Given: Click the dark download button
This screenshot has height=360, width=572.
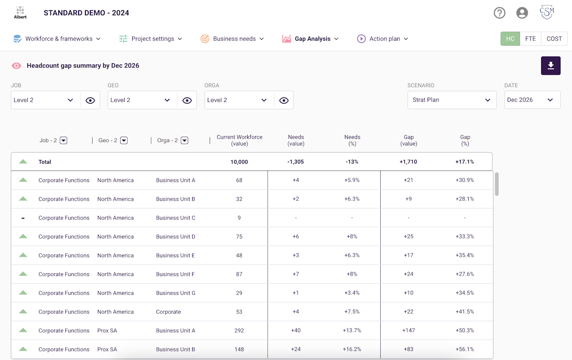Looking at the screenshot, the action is [551, 66].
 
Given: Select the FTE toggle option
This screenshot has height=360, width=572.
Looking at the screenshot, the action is [530, 38].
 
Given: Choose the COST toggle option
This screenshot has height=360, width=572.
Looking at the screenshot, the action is [554, 38].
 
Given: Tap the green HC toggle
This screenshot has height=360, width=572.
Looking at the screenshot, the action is [510, 38].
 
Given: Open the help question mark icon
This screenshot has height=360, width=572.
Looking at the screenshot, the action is [500, 13].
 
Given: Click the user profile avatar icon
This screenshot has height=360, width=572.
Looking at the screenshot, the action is [522, 13].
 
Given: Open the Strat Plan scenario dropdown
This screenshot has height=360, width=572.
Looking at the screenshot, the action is [452, 100].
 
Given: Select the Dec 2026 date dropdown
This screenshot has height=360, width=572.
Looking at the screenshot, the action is [532, 100].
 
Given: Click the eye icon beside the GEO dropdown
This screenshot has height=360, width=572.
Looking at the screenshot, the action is [187, 100].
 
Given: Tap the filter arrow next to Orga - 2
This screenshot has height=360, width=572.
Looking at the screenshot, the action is [185, 140].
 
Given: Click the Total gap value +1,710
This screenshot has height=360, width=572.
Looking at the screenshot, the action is [408, 162].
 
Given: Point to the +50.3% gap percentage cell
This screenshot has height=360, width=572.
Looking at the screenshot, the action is [464, 331].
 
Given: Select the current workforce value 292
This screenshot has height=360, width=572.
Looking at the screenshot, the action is [239, 331].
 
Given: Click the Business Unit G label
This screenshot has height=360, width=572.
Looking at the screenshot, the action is [176, 293].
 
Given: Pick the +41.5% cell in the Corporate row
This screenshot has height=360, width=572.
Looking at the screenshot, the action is [464, 311].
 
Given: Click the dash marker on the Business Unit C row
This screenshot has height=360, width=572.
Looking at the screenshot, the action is [23, 218].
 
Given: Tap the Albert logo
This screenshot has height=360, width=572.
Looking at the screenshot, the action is [20, 13].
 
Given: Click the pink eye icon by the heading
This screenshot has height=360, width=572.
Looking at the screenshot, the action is [17, 66].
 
